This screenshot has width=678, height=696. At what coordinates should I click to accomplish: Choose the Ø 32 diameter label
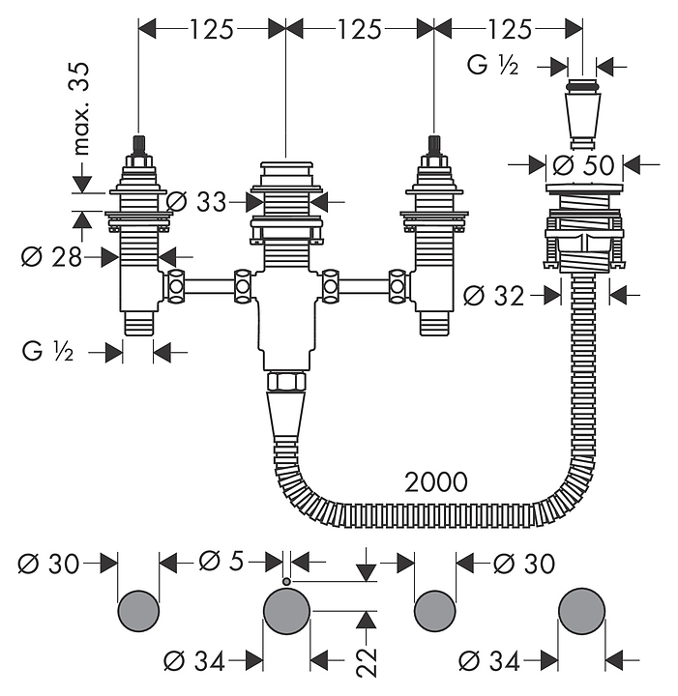coord(494,295)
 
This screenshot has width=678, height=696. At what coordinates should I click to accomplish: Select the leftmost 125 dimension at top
coord(211,29)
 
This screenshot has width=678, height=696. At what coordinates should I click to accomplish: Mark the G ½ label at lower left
coord(48,352)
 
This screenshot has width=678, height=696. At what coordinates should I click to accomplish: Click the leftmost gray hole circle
coord(139,611)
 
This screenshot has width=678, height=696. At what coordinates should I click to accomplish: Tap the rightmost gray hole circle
coord(583,611)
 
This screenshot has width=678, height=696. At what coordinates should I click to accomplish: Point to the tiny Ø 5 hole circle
coord(287,580)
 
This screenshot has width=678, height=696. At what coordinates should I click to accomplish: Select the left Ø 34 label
coord(194,661)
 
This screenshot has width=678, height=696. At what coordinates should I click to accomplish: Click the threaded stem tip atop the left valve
coord(139,145)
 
